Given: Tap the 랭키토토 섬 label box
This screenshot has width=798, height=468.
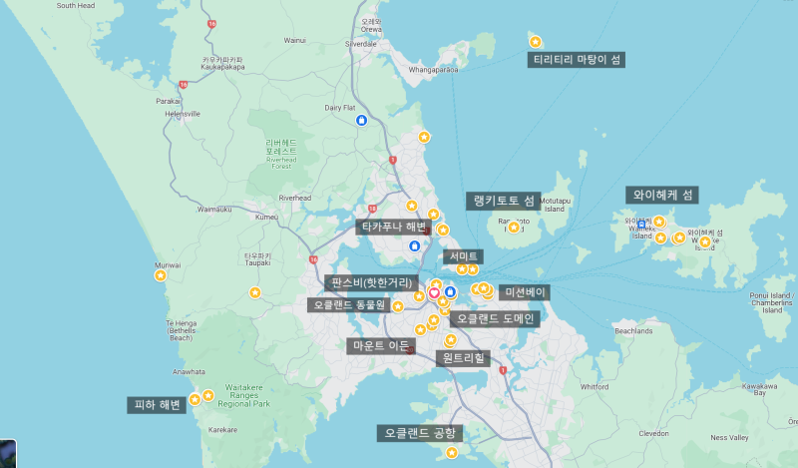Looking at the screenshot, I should click(x=504, y=201).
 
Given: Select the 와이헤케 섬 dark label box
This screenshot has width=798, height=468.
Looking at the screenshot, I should click(x=663, y=195).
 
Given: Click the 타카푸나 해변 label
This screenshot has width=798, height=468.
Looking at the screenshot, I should click(x=392, y=227).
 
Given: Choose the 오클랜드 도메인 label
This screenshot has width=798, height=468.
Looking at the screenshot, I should click(x=496, y=319).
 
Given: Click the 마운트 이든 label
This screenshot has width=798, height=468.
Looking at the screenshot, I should click(x=380, y=345).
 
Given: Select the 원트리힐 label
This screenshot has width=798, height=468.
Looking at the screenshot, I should click(x=464, y=357).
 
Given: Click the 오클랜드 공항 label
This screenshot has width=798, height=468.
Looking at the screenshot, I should click(x=420, y=433).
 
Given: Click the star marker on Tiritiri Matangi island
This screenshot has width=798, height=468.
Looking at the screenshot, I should click(x=536, y=42).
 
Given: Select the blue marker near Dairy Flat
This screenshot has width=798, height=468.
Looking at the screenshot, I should click(x=361, y=120).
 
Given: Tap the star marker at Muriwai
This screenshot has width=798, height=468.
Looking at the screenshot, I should click(x=161, y=278).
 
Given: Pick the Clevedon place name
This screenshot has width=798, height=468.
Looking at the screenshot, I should click(x=654, y=434).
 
